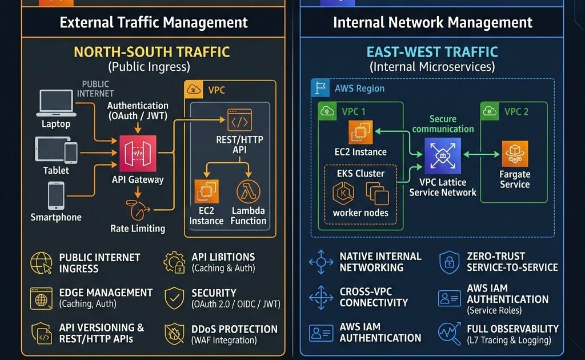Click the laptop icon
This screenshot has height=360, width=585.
coord(55,103)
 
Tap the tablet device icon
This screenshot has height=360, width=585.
coord(56,150)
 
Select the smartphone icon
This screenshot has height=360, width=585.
coord(56,195)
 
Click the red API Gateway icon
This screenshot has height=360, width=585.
coord(137,154)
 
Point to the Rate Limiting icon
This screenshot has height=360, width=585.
coord(138,210)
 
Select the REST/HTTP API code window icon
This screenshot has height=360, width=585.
coord(239,120)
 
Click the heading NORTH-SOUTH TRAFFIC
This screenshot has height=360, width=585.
coord(151,52)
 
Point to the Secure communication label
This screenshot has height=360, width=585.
coord(443,124)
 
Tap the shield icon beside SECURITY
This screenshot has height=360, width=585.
coord(174,298)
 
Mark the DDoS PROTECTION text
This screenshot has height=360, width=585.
coord(235,329)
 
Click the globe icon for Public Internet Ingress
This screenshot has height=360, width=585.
coord(42,263)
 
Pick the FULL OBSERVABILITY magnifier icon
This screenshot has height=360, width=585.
coord(449,334)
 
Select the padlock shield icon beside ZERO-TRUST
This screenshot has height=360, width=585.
coord(449,262)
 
